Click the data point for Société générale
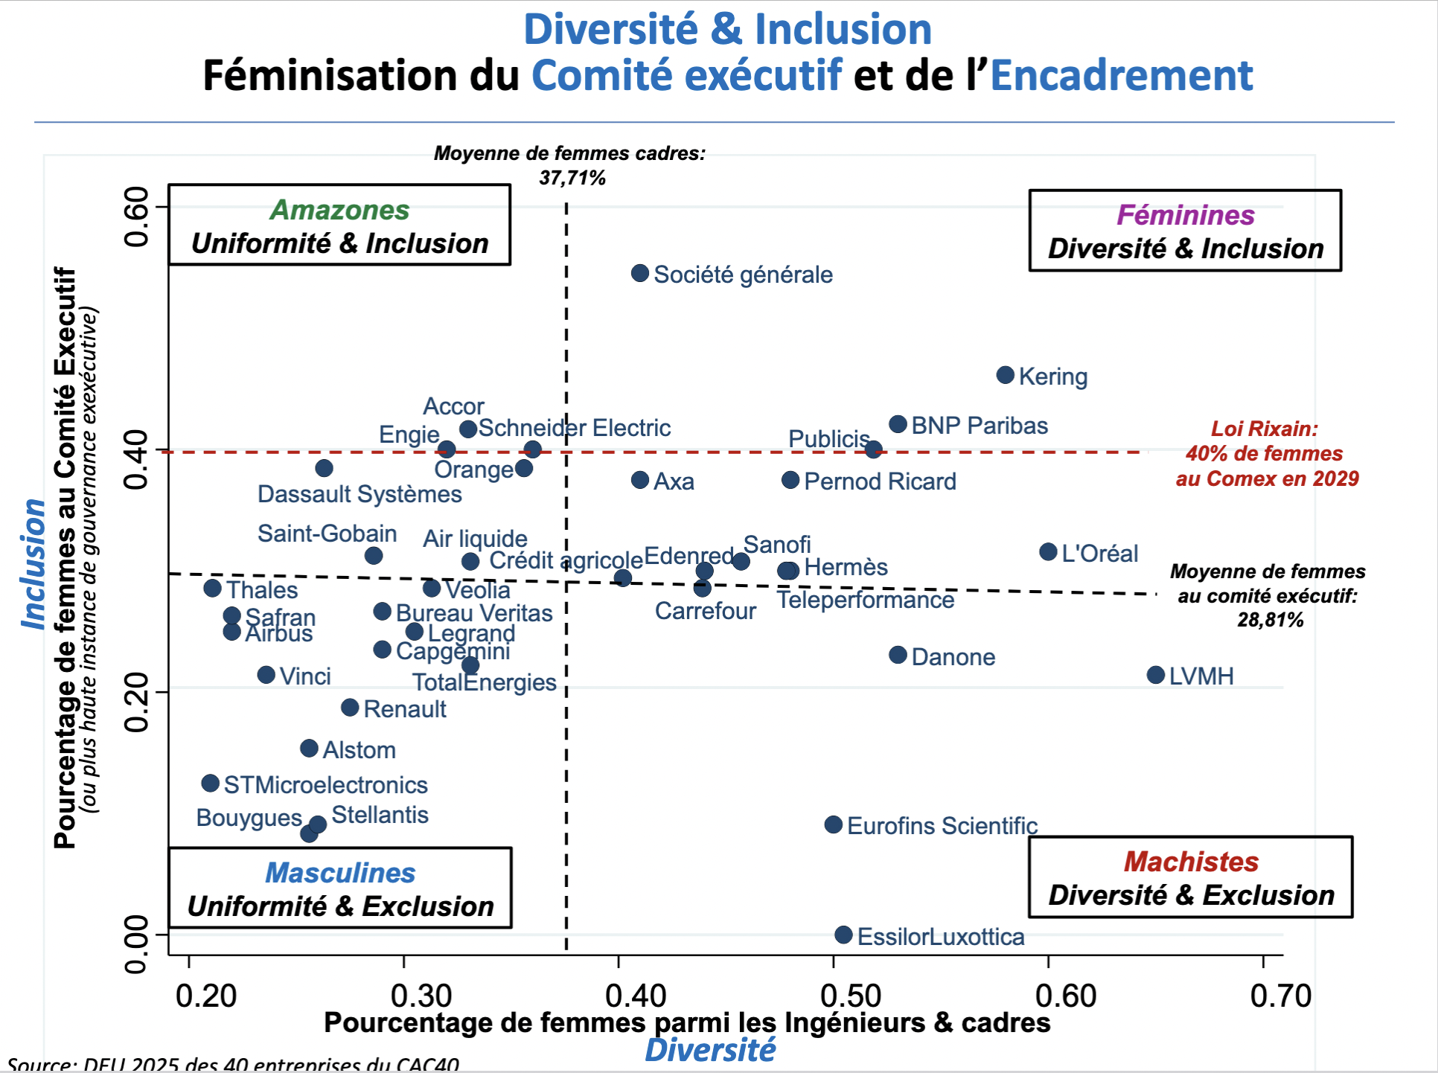640,273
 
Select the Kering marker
1006,375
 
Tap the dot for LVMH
1156,675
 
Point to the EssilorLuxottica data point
843,935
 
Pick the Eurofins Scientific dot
834,824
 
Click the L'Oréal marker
1049,552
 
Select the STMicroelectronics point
211,784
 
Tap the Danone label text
953,657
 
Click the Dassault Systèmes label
359,494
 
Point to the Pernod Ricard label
880,481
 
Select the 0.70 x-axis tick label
1280,996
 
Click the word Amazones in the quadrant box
339,210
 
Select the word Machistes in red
1191,862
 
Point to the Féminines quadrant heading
1186,215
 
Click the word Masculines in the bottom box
340,873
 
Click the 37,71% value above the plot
572,178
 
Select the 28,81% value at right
1271,620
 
